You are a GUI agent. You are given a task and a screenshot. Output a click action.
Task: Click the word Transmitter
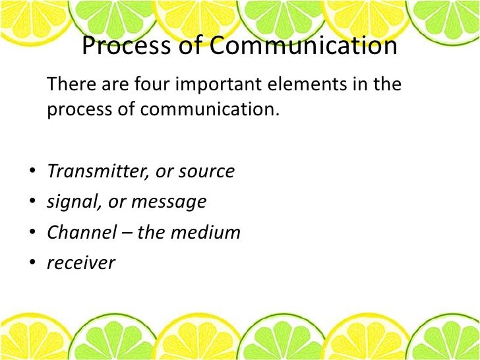click(x=95, y=171)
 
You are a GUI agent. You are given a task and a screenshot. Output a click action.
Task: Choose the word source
click(x=208, y=171)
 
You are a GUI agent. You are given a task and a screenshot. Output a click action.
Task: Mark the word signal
click(x=73, y=202)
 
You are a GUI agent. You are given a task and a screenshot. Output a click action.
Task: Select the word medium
click(x=210, y=232)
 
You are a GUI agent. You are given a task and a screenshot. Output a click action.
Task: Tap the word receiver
click(x=80, y=263)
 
